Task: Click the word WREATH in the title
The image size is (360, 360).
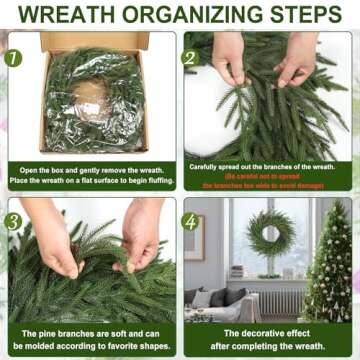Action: tap(68, 14)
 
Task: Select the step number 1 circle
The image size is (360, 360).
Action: tap(13, 57)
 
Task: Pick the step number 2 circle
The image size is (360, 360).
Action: tap(189, 57)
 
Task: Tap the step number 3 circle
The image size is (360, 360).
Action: tap(13, 221)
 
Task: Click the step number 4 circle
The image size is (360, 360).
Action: tap(190, 221)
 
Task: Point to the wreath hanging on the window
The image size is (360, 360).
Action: tap(267, 233)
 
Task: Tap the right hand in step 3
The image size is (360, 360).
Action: tap(140, 235)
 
